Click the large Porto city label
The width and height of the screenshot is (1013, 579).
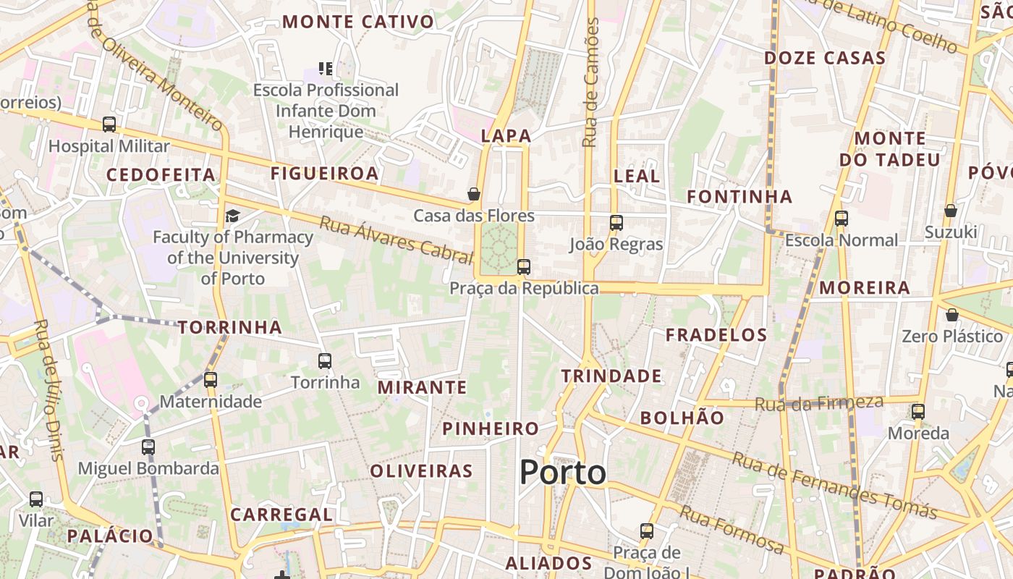click(x=563, y=473)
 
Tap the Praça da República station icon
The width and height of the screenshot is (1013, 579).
click(x=524, y=267)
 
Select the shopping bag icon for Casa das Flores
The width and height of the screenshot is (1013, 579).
click(x=474, y=194)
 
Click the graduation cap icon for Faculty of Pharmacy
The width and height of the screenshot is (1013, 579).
click(x=232, y=216)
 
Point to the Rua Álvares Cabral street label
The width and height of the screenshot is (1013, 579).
click(x=396, y=239)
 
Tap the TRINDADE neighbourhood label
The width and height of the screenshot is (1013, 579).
click(x=611, y=376)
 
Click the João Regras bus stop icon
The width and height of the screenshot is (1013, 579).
click(x=616, y=223)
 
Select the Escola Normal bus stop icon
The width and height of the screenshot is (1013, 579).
click(x=841, y=219)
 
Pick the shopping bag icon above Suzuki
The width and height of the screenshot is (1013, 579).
click(x=951, y=211)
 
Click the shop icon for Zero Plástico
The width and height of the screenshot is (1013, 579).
click(x=952, y=315)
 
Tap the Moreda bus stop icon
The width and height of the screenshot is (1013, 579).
click(x=918, y=412)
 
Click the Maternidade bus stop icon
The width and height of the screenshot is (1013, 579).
click(x=211, y=379)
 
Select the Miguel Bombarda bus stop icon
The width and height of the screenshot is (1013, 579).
click(x=148, y=447)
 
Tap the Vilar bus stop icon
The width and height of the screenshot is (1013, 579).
click(x=36, y=499)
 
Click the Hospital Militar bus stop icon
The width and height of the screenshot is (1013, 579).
click(x=109, y=124)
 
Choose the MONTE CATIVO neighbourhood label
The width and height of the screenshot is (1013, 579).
click(x=358, y=22)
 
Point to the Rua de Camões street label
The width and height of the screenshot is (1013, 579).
click(x=592, y=83)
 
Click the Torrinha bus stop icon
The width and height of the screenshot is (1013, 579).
click(x=325, y=360)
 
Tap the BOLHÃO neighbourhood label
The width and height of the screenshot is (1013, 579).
click(x=682, y=418)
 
